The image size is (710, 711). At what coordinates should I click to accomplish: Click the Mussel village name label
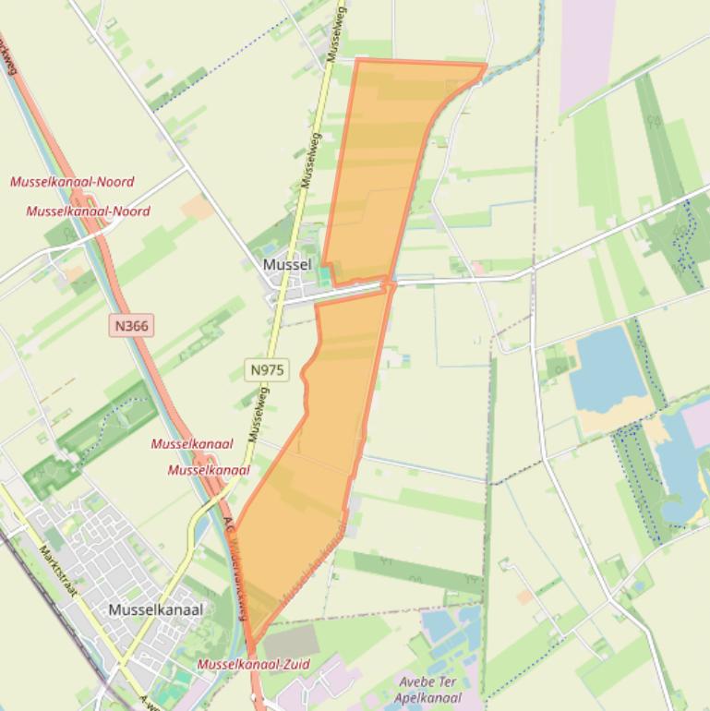[x=287, y=265]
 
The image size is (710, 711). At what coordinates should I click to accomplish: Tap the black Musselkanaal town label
[x=155, y=609]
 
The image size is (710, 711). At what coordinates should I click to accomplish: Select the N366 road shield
[x=130, y=325]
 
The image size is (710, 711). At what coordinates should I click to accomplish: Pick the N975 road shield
[x=267, y=369]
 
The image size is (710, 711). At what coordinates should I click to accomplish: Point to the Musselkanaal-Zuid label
[x=254, y=664]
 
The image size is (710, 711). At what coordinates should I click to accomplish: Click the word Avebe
[x=415, y=682]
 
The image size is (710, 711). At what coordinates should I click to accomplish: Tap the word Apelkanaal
[x=427, y=697]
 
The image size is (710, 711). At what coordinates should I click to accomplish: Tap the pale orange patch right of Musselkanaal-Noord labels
[x=198, y=208]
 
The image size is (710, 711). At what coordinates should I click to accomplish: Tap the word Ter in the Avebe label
[x=447, y=682]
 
